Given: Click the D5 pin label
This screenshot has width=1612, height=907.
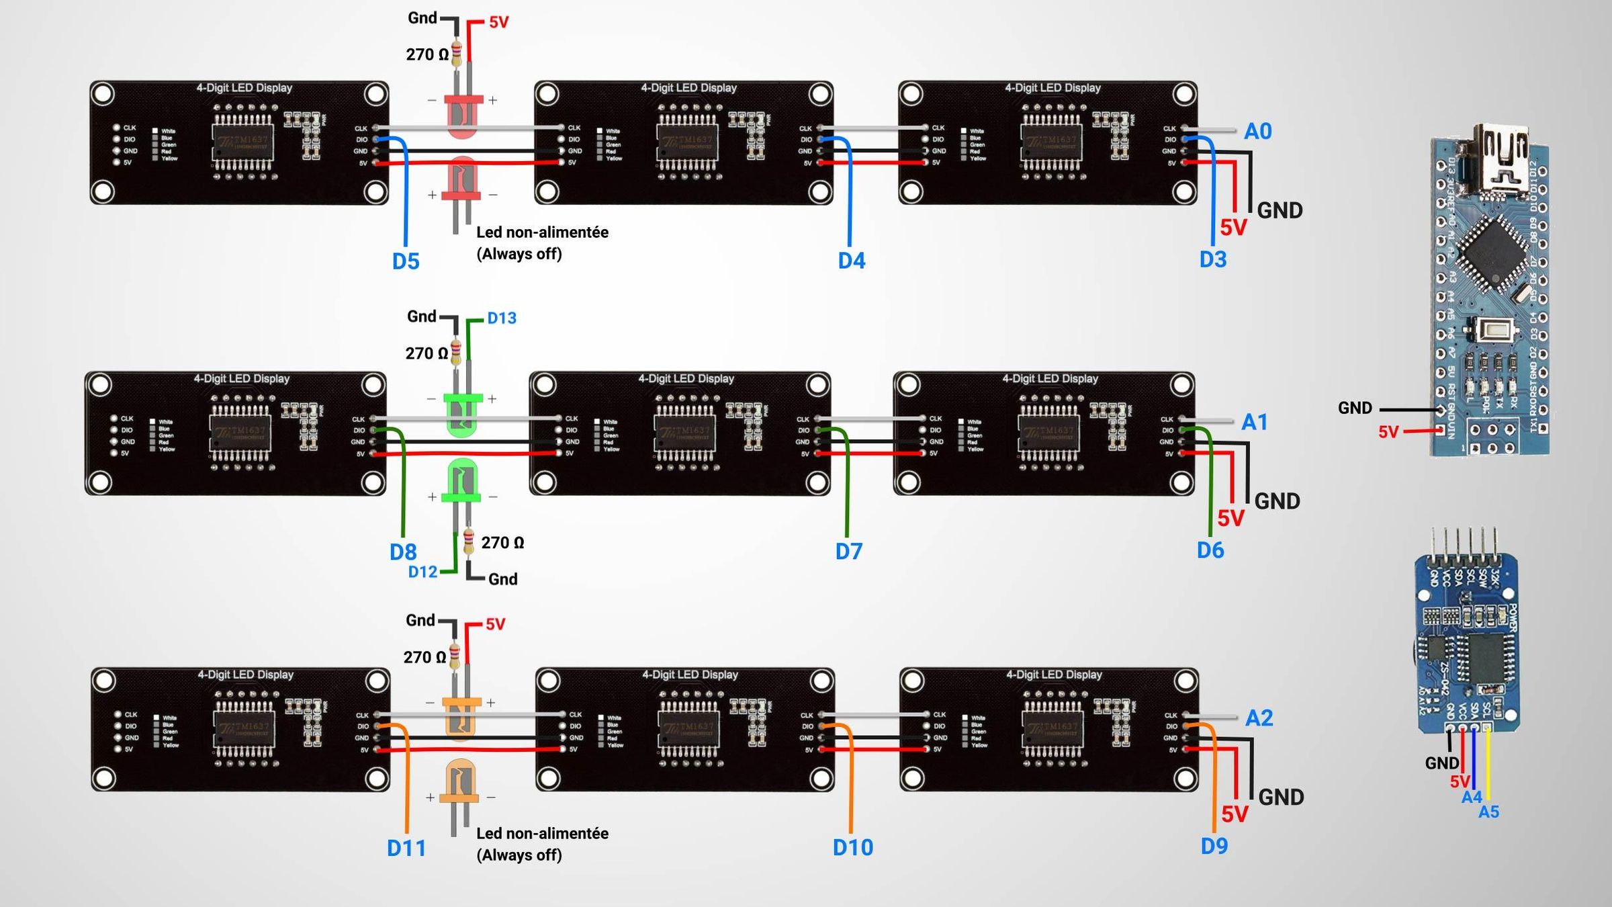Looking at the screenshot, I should point(406,261).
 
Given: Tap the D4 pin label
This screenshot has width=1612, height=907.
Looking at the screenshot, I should point(851,261).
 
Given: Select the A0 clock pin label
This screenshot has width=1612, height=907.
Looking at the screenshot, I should point(1257,131).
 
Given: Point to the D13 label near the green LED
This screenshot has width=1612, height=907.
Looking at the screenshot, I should point(502,318).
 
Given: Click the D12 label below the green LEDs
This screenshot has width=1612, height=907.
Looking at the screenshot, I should point(422,572).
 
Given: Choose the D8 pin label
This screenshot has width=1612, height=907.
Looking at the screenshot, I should point(403,552).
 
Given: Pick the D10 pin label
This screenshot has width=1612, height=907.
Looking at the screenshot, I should point(852,848).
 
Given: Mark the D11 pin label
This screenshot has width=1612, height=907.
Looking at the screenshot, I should point(406,849).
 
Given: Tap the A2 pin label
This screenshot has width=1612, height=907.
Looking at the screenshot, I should point(1259,718).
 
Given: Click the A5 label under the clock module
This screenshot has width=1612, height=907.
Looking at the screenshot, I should point(1488,812).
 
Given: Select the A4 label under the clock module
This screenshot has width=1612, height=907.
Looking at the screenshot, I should point(1471,797).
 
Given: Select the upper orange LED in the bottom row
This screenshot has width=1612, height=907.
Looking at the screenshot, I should point(461,718).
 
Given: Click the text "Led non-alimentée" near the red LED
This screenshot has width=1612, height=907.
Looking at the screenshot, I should point(542,232).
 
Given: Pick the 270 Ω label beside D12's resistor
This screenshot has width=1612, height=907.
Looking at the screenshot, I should point(502,543).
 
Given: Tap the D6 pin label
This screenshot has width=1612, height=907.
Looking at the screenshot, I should point(1210,551).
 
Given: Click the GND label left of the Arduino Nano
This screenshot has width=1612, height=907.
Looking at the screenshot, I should point(1354,408).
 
